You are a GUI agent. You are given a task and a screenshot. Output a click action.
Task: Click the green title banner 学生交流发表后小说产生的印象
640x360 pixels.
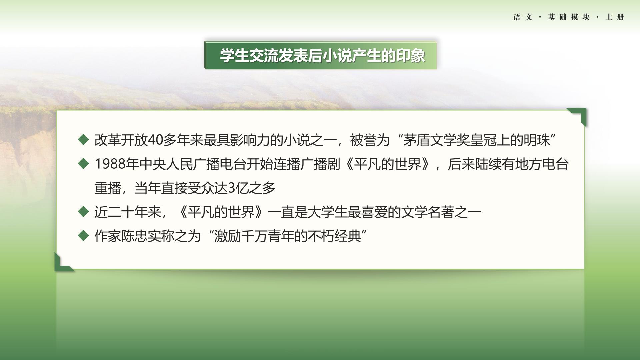pos(320,55)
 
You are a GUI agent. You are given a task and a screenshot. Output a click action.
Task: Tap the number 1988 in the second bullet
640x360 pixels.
pos(110,164)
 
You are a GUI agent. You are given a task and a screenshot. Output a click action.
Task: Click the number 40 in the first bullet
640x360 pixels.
pos(155,140)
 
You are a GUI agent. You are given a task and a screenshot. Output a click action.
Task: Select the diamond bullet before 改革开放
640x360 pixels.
pos(83,140)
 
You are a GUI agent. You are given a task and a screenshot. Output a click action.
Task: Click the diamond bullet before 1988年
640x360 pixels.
pos(83,164)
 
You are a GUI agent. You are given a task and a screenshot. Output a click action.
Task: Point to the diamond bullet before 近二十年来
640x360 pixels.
pos(83,212)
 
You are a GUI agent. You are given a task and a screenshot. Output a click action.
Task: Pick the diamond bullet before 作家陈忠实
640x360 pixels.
pos(83,236)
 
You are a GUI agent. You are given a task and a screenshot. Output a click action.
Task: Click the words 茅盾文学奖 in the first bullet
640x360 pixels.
pos(436,140)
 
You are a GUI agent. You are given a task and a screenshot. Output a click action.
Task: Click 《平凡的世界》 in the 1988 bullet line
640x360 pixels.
pos(388,164)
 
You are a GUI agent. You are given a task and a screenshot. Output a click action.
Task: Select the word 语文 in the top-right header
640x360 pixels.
pos(523,17)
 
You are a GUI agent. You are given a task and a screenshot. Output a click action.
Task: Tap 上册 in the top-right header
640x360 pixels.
pos(615,17)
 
